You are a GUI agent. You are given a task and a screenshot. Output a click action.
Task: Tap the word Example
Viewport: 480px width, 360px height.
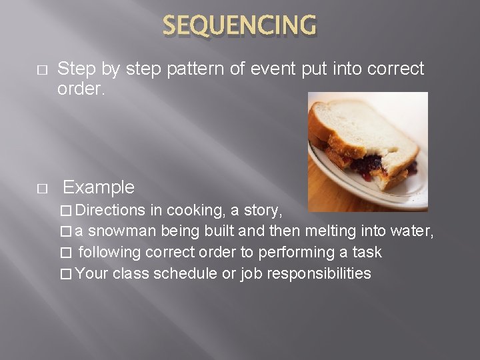[99, 187]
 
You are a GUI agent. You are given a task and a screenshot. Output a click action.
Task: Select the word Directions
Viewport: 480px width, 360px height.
[111, 211]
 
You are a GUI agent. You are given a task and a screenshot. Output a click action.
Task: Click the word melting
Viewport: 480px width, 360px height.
[331, 231]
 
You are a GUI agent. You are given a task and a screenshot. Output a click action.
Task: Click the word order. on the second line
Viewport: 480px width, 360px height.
[79, 89]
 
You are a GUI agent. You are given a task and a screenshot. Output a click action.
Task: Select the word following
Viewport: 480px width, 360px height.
[109, 252]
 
